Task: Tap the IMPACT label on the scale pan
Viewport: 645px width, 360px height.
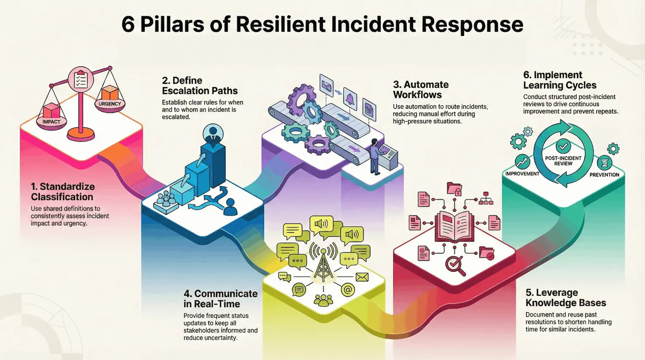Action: tap(51, 122)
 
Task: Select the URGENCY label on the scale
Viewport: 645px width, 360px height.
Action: tap(110, 104)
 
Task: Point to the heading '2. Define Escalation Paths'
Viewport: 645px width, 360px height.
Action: tap(199, 86)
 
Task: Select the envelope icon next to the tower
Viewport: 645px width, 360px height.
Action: tap(362, 277)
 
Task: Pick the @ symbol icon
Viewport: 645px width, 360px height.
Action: tap(348, 289)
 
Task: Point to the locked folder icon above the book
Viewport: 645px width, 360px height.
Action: tap(454, 189)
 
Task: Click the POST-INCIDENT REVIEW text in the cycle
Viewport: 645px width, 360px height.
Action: tap(563, 161)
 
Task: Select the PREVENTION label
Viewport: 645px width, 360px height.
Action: tap(604, 175)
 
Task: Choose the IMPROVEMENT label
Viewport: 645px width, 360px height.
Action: tap(522, 174)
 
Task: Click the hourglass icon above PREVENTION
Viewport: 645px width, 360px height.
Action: tap(604, 162)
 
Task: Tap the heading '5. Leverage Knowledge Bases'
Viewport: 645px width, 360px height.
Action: tap(565, 298)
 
